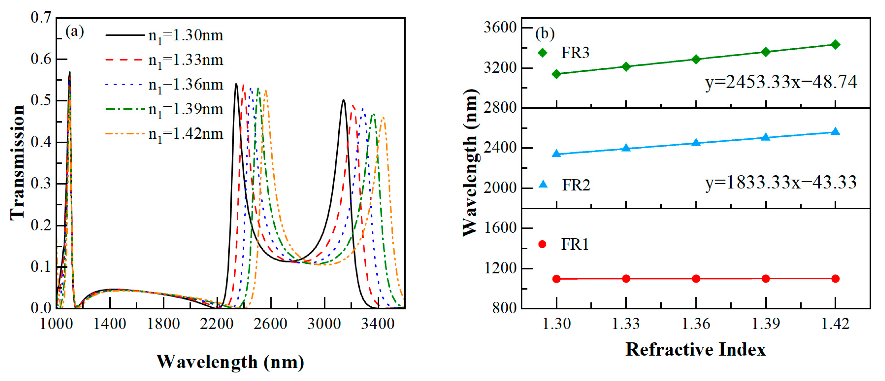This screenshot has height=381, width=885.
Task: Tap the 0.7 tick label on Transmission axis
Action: point(41,17)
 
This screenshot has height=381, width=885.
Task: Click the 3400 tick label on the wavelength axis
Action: point(378,324)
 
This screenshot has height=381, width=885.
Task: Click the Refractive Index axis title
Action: point(695,350)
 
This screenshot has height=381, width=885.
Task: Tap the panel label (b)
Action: point(545,34)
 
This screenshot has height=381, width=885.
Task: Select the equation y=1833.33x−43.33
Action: point(781,182)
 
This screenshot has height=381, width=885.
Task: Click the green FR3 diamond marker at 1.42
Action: point(836,44)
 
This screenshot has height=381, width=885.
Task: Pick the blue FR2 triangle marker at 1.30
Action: point(556,153)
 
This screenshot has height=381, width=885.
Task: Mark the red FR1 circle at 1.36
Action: point(696,278)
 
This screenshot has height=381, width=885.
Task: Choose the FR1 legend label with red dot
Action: point(574,244)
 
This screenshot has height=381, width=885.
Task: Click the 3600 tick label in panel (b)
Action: point(500,27)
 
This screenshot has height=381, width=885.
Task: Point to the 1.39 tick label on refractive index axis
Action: point(766,324)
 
